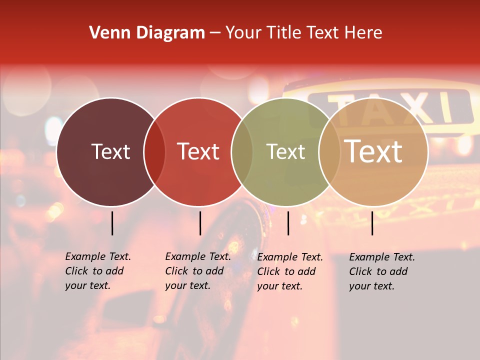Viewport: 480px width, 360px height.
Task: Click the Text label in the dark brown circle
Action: [110, 151]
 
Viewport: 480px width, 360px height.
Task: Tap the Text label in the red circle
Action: [198, 151]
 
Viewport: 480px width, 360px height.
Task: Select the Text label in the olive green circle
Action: [285, 151]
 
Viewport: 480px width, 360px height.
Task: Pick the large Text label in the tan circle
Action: [373, 151]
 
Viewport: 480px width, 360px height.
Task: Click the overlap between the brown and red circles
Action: [154, 152]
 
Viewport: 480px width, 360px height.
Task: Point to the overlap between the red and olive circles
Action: [242, 152]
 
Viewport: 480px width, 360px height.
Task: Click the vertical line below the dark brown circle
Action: [112, 223]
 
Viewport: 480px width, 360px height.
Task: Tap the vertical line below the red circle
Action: [200, 223]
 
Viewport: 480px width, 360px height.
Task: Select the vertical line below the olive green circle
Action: [288, 223]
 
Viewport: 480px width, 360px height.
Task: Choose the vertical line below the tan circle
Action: [372, 223]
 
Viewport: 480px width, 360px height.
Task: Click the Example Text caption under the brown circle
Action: [97, 271]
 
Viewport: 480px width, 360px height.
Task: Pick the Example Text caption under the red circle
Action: [197, 271]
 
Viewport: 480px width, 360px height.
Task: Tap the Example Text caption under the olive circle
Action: [289, 271]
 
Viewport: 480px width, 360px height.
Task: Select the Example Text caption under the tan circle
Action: [381, 271]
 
